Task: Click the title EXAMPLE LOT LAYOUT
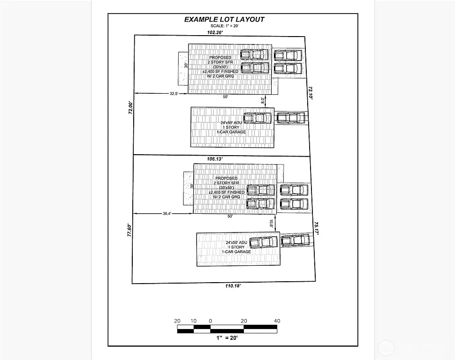point(224,19)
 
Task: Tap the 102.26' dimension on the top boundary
point(215,32)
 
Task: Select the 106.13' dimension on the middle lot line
point(215,159)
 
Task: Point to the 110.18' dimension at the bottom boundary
point(233,286)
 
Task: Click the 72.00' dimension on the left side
point(131,108)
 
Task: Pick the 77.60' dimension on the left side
point(130,231)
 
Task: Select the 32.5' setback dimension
point(174,93)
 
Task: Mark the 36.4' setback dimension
point(167,213)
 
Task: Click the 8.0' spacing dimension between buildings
point(263,100)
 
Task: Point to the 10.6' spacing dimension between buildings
point(271,224)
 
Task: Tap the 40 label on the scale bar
point(277,321)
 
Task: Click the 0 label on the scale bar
point(211,321)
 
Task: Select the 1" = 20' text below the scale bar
point(227,338)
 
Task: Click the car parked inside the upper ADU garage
point(258,118)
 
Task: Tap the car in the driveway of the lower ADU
point(296,240)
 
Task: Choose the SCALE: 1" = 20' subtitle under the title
point(224,26)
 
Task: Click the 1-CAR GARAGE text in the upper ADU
point(231,132)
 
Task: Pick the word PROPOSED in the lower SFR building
point(227,178)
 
